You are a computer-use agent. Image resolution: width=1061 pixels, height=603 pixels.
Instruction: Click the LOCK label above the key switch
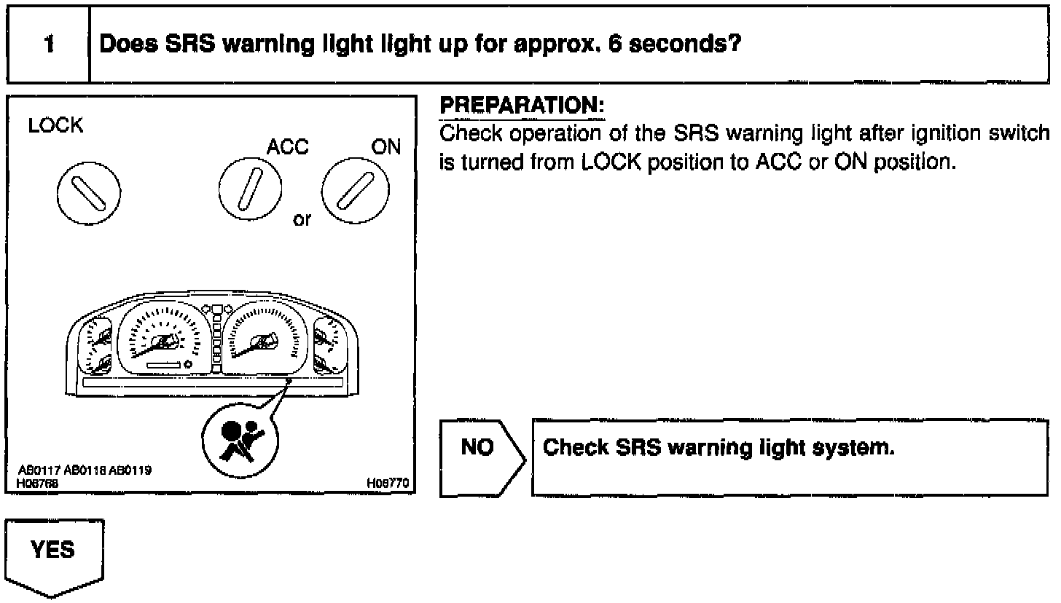click(x=55, y=126)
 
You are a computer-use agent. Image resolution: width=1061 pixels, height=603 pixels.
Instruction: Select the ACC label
click(x=287, y=147)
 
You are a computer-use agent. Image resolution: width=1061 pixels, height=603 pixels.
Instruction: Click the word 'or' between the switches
click(x=302, y=219)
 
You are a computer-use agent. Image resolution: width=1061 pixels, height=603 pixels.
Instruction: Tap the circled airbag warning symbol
click(x=235, y=441)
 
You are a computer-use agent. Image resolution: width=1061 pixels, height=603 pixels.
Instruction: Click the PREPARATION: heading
click(x=522, y=106)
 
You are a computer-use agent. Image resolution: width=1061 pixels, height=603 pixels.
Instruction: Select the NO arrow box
click(x=479, y=458)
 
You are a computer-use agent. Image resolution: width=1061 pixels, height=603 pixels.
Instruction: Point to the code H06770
click(x=388, y=482)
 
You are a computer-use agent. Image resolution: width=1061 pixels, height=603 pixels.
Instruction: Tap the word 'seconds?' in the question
click(x=689, y=44)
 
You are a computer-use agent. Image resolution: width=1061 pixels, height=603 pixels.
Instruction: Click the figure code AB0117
click(x=41, y=470)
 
